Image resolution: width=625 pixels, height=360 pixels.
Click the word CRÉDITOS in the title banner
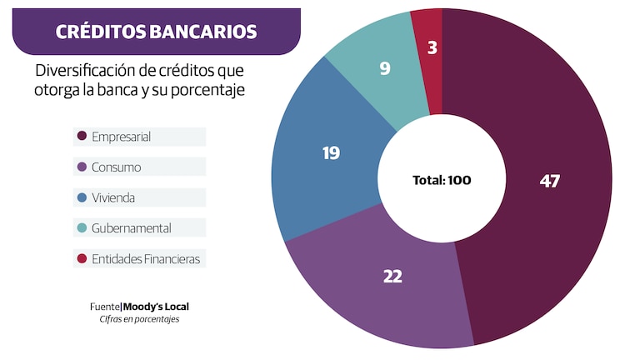(100, 32)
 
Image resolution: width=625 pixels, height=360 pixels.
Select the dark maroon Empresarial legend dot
(82, 136)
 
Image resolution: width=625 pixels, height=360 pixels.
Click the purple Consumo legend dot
(82, 167)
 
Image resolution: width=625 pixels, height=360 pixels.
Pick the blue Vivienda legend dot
(82, 197)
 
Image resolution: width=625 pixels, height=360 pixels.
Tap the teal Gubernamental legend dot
(82, 228)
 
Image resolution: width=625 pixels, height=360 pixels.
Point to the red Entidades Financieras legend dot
(82, 259)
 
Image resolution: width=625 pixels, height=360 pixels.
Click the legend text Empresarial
(122, 136)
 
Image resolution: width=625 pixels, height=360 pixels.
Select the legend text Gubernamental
(132, 228)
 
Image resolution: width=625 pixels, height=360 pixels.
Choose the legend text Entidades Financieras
(147, 259)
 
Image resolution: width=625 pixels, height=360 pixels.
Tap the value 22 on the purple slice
(392, 276)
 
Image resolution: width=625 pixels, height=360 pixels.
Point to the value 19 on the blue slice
(332, 152)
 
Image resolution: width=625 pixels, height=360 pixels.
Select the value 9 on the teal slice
(385, 68)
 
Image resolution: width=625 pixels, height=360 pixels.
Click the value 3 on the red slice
(432, 47)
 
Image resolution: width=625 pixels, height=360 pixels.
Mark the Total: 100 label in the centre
(447, 179)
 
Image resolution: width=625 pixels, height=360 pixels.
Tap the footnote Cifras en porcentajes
(140, 319)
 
